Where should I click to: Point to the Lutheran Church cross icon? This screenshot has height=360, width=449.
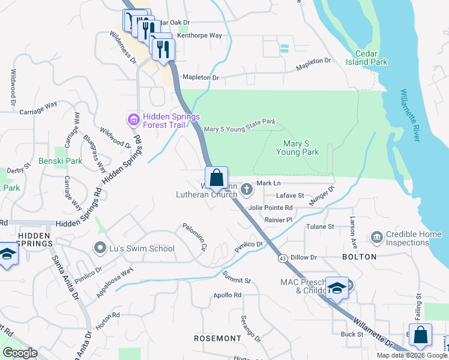246,190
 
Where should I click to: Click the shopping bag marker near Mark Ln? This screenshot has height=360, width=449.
216,178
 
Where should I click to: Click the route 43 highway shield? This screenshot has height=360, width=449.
282,258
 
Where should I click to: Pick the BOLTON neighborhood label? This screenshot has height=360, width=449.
359,257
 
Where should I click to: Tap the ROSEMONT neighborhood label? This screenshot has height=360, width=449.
217,338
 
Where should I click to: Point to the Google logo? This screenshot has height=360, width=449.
20,353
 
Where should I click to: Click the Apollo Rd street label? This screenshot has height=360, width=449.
228,295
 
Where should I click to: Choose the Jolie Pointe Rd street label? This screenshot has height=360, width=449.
270,208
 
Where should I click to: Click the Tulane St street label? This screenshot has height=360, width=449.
319,227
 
